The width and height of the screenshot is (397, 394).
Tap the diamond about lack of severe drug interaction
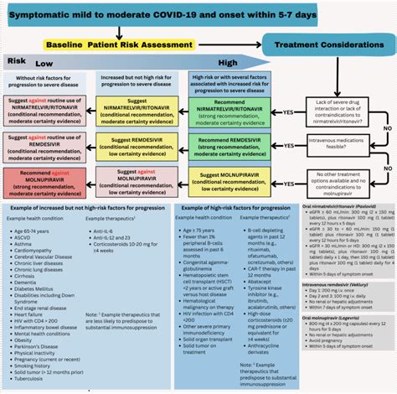342,114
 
